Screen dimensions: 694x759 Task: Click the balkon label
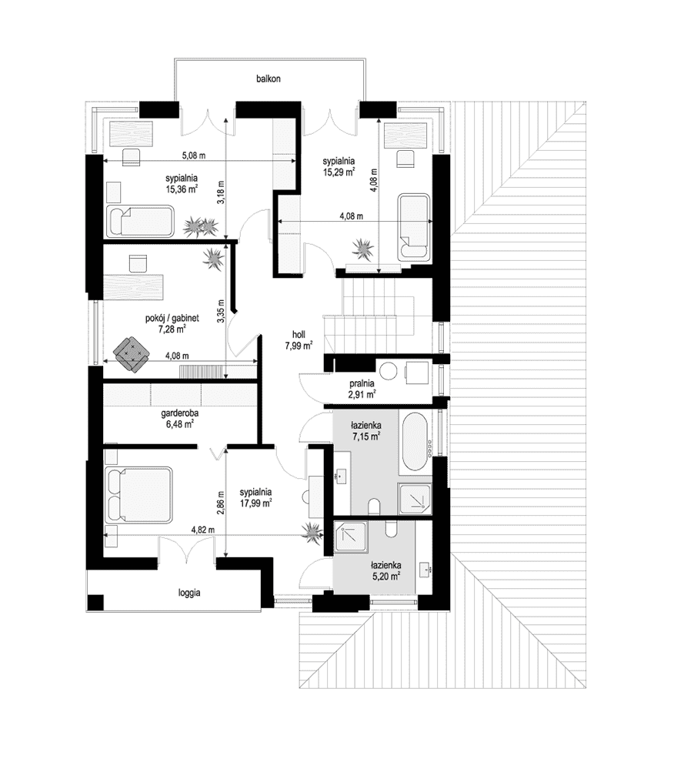pyautogui.click(x=269, y=79)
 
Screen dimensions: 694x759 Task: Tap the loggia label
pyautogui.click(x=189, y=593)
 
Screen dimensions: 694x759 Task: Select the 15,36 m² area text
pyautogui.click(x=182, y=189)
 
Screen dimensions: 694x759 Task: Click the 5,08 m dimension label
pyautogui.click(x=194, y=155)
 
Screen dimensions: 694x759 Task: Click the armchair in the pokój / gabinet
pyautogui.click(x=131, y=355)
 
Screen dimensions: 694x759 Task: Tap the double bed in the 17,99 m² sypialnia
pyautogui.click(x=138, y=494)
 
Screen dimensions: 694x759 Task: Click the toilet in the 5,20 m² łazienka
pyautogui.click(x=392, y=529)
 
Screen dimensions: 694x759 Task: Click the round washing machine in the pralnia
pyautogui.click(x=388, y=371)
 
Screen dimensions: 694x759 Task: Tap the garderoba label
pyautogui.click(x=180, y=414)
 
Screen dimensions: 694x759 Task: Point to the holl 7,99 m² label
pyautogui.click(x=299, y=340)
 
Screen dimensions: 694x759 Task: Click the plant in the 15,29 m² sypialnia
pyautogui.click(x=362, y=249)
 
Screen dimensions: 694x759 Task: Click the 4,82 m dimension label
pyautogui.click(x=203, y=530)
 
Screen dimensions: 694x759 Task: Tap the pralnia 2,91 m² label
pyautogui.click(x=362, y=389)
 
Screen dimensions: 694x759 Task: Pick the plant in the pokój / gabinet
pyautogui.click(x=212, y=259)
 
